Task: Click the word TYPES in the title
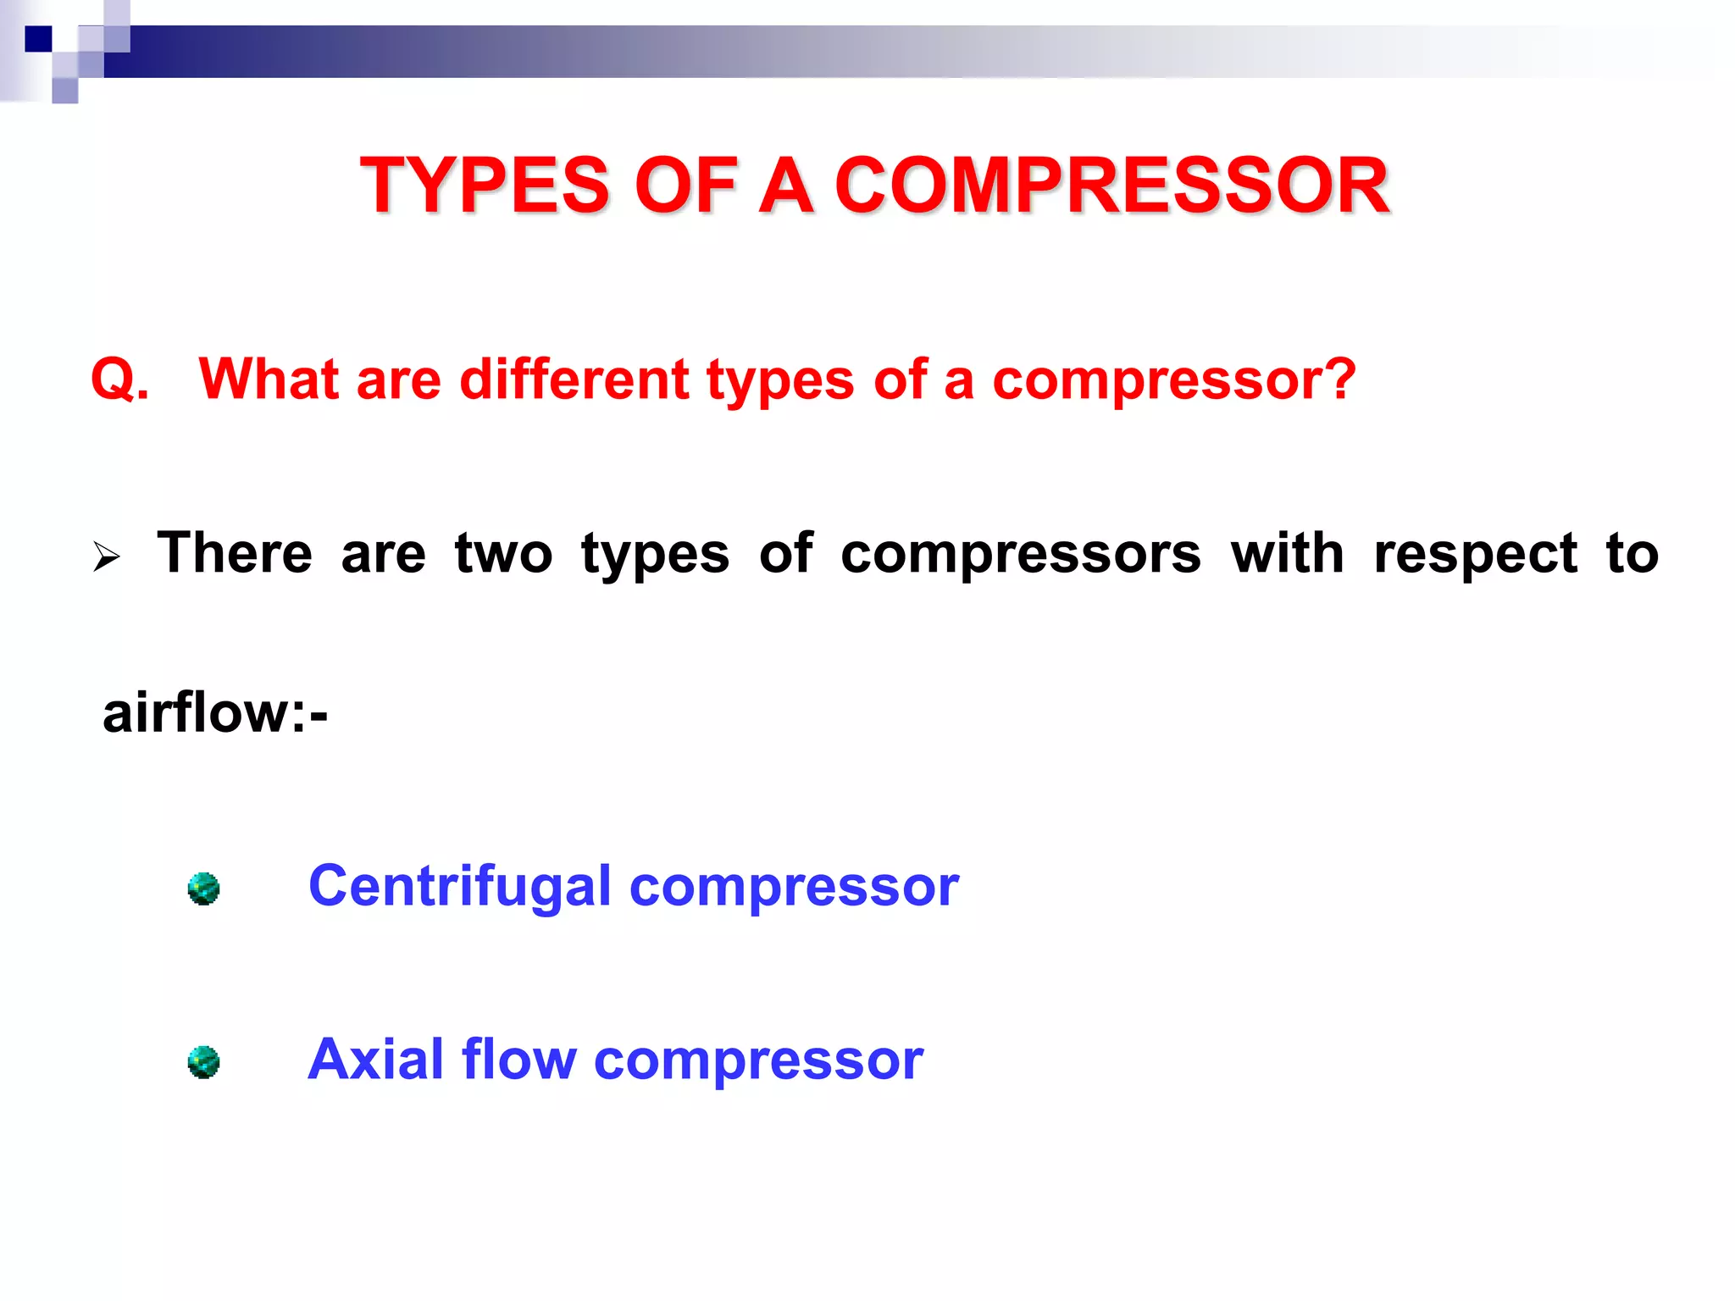coord(485,185)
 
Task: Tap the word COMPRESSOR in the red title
coord(1111,185)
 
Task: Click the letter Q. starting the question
coord(119,379)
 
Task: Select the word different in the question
coord(574,379)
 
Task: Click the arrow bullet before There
coord(107,557)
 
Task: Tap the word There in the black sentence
coord(235,553)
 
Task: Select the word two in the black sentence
coord(503,553)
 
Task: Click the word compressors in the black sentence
coord(1020,553)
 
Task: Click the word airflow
coord(196,712)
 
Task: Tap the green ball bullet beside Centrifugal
coord(203,889)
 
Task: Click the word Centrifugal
coord(459,887)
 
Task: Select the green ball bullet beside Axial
coord(203,1062)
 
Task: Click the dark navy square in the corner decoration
coord(38,39)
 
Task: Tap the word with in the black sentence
coord(1287,553)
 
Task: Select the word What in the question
coord(268,379)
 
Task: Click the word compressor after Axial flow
coord(758,1060)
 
